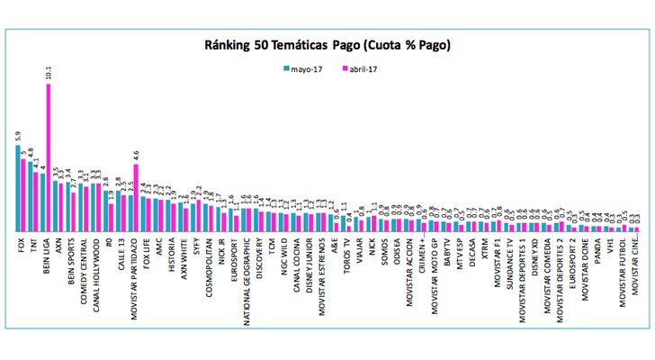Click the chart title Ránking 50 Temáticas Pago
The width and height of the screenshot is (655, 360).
tap(327, 43)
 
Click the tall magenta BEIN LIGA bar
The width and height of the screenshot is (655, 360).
tap(49, 157)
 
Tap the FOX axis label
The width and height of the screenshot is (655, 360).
tap(21, 245)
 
